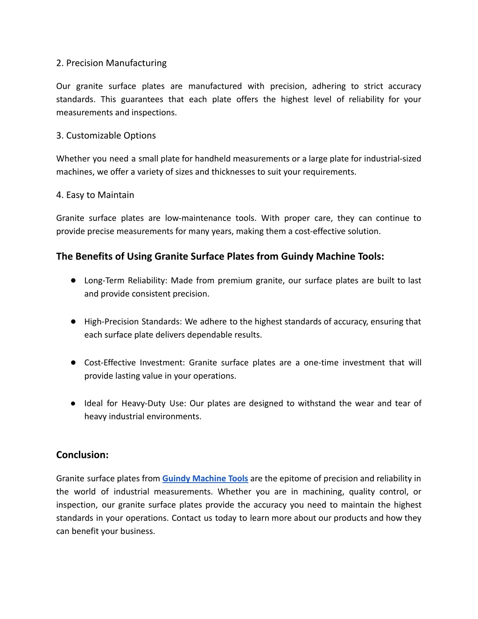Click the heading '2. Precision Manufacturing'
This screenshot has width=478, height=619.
pos(111,63)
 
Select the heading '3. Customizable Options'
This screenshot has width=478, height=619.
pos(106,135)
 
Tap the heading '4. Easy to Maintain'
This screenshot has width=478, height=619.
pos(95,195)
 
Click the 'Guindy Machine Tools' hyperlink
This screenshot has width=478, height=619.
pos(205,478)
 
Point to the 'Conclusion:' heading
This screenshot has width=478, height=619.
pos(82,455)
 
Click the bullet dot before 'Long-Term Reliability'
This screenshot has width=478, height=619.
pos(74,280)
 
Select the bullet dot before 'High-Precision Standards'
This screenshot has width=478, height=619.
pos(74,321)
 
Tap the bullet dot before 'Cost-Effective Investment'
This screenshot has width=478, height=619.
pos(74,363)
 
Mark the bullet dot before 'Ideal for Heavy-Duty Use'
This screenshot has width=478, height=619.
pos(74,403)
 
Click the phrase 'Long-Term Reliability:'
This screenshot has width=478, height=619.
pos(126,281)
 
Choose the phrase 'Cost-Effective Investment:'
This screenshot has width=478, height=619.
pos(135,363)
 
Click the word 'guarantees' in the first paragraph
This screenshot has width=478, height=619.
pos(141,100)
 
